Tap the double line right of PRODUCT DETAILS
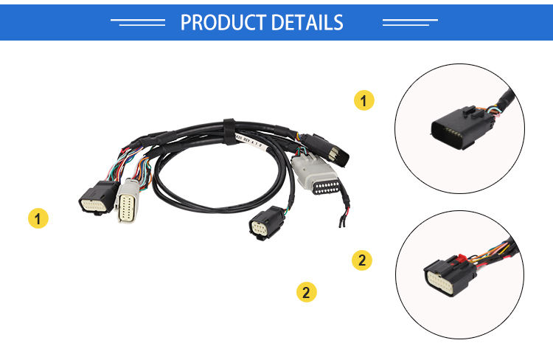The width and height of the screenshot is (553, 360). point(411,22)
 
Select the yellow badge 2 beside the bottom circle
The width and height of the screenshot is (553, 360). point(361,260)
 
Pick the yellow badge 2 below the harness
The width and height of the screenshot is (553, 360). point(306,291)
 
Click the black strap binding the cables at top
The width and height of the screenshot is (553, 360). point(229,129)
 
